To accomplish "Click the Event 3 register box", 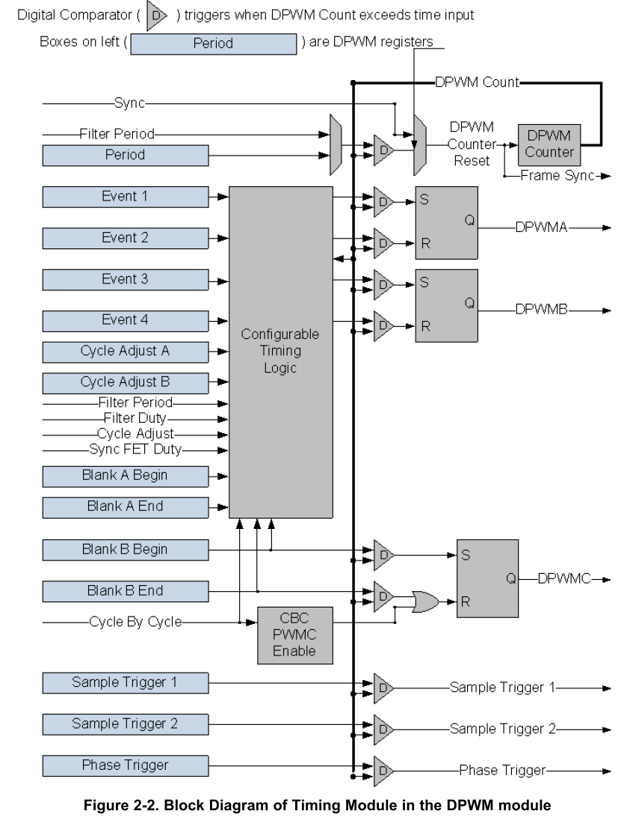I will pyautogui.click(x=126, y=280).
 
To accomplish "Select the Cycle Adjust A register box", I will pyautogui.click(x=126, y=351).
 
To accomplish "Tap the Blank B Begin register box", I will pyautogui.click(x=126, y=549).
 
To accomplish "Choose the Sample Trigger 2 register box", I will pyautogui.click(x=126, y=723).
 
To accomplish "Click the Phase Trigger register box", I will pyautogui.click(x=126, y=765).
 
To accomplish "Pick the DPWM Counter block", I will pyautogui.click(x=549, y=144).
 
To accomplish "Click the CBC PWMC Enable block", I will pyautogui.click(x=294, y=635).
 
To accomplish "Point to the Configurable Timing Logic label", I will pyautogui.click(x=280, y=352).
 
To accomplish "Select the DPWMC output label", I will pyautogui.click(x=563, y=578).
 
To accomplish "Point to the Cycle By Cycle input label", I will pyautogui.click(x=135, y=621).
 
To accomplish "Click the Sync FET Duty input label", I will pyautogui.click(x=136, y=450).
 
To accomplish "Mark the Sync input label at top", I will pyautogui.click(x=129, y=102).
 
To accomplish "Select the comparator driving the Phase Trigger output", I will pyautogui.click(x=383, y=769).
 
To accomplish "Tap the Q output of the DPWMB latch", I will pyautogui.click(x=469, y=303).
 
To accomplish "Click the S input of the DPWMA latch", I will pyautogui.click(x=424, y=201).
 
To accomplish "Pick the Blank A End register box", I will pyautogui.click(x=126, y=507).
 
